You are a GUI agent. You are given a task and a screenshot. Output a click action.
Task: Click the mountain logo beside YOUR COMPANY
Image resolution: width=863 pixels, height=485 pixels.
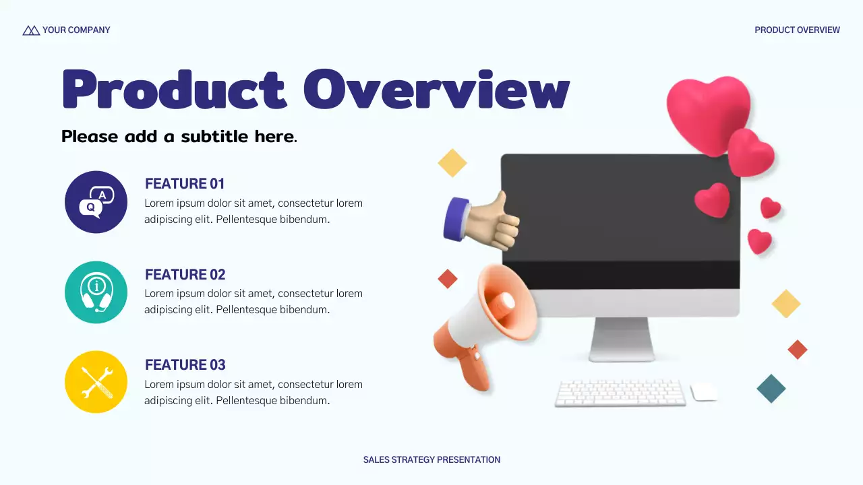coord(31,30)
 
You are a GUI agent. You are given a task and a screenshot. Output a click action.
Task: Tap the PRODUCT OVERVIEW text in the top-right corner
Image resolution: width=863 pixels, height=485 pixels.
coord(797,30)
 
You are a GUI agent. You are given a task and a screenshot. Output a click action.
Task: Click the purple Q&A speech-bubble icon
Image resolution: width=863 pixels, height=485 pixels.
coord(96,202)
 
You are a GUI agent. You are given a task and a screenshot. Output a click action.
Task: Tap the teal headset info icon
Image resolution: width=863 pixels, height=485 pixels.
coord(96,292)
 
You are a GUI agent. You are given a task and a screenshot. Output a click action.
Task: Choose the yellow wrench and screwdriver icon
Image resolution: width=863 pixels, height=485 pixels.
coord(96,382)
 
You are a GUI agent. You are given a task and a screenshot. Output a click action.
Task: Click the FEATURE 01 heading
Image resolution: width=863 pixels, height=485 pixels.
coord(185,184)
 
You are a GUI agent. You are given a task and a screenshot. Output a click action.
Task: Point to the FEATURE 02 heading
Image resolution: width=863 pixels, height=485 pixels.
coord(185,275)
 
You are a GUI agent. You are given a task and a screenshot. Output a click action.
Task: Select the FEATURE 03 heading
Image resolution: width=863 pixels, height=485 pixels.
coord(185,365)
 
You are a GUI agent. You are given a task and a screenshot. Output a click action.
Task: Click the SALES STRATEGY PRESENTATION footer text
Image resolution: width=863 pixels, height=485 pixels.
coord(431,460)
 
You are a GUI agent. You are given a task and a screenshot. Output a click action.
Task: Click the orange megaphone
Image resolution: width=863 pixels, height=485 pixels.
coord(485,323)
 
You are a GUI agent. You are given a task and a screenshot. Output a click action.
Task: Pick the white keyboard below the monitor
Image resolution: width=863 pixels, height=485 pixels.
coord(620,393)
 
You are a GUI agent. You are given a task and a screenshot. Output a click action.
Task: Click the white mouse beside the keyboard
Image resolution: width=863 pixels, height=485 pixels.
coord(703,392)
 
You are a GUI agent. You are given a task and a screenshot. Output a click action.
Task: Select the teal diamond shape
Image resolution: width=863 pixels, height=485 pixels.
coord(771,389)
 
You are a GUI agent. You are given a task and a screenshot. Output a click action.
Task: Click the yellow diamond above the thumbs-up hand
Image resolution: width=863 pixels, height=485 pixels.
coord(452,163)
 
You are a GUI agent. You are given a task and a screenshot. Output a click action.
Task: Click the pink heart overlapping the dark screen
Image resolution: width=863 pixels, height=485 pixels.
coord(713,201)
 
